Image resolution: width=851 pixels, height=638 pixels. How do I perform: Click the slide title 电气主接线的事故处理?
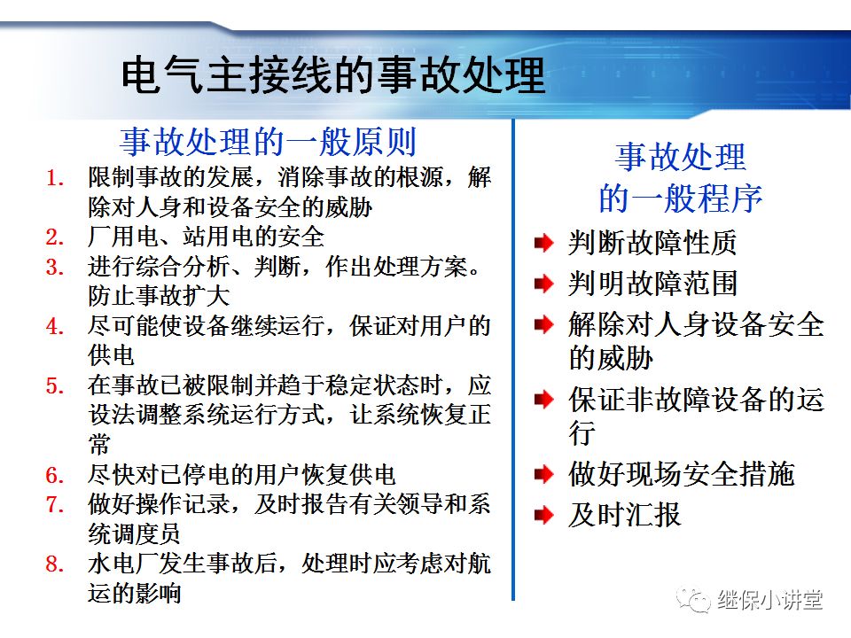pos(332,76)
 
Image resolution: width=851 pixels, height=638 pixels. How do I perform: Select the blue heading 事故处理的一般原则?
pos(268,142)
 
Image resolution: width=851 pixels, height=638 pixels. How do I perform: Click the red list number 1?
pos(55,178)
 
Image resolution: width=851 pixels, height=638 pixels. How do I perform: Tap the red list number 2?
pos(55,237)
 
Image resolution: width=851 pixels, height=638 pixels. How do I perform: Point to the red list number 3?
pos(55,268)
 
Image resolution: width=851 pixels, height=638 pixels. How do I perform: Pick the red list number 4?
pos(55,327)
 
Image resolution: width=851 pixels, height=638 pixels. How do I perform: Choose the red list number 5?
pos(55,386)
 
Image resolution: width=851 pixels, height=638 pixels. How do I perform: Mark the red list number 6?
pos(55,475)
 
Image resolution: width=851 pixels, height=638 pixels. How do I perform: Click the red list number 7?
pos(55,504)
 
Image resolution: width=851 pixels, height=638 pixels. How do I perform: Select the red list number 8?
pos(55,564)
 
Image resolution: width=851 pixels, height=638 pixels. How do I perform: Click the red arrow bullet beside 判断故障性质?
pos(543,243)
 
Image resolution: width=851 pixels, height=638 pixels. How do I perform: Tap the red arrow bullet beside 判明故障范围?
pos(543,284)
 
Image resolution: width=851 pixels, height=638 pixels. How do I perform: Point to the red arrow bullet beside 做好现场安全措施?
pos(543,474)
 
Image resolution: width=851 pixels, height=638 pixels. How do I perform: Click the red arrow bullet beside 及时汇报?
pos(543,514)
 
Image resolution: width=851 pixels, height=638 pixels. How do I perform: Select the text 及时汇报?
pos(624,514)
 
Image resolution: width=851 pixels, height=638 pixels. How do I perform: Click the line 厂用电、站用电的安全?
pos(206,237)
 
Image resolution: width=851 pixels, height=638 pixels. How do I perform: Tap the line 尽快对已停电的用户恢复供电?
pos(241,475)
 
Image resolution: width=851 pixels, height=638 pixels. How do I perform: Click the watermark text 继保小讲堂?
pos(769,600)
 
